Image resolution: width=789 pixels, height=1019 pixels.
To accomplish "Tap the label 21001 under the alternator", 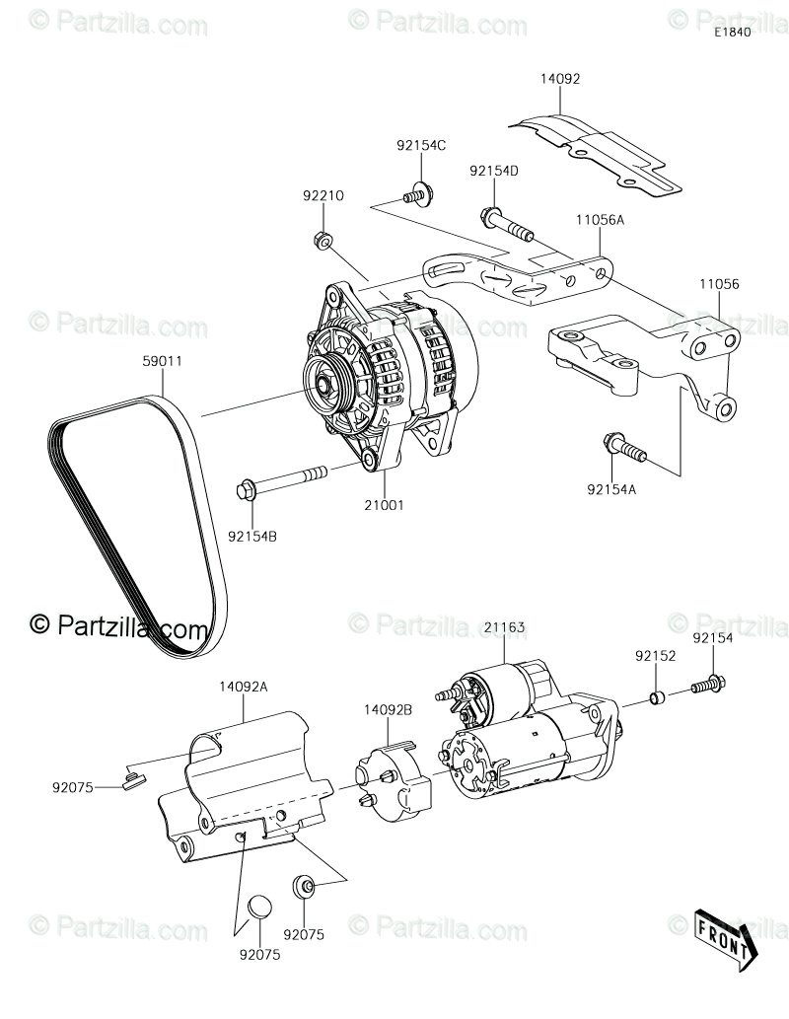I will (x=384, y=504).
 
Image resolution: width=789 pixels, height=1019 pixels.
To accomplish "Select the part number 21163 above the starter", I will (x=504, y=626).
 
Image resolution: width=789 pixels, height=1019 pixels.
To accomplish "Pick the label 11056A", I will (x=600, y=221).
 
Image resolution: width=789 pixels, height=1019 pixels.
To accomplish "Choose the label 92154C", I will (x=421, y=145).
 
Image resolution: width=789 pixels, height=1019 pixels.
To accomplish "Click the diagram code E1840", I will (x=733, y=33).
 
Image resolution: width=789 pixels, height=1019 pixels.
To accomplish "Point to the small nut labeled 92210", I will (x=323, y=239).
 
